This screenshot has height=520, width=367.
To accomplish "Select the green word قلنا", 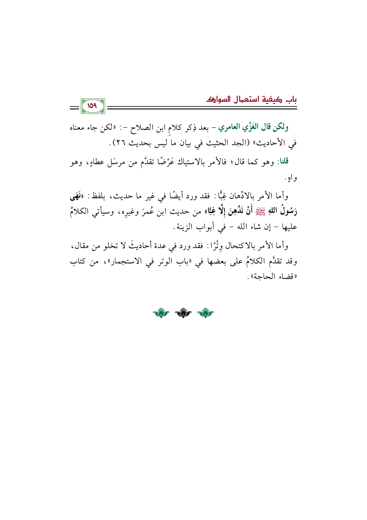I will point(282,162).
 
